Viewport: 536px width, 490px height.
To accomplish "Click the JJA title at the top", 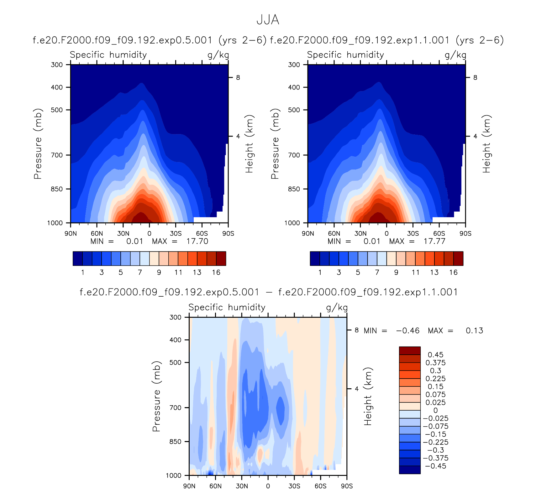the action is point(268,20).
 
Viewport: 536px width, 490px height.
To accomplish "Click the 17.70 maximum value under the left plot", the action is point(197,241).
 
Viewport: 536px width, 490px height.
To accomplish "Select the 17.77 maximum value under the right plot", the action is point(434,241).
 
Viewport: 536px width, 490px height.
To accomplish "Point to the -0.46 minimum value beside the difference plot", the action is point(408,331).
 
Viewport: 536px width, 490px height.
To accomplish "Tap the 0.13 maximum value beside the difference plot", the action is point(474,331).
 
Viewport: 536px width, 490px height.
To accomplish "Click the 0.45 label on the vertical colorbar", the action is point(435,355).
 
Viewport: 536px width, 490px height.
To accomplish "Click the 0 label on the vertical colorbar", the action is point(435,410).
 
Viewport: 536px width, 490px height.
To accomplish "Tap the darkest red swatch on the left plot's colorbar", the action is point(221,258).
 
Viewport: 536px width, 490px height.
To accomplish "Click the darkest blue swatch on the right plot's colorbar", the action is point(315,258).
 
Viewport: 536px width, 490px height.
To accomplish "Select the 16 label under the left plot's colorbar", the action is point(216,272).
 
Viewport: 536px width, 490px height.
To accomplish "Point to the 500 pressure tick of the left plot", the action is point(57,110).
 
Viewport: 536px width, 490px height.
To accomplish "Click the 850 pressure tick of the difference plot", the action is point(175,441).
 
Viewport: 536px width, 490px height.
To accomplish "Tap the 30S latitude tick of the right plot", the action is point(413,234).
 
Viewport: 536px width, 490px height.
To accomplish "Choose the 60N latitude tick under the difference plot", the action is point(215,486).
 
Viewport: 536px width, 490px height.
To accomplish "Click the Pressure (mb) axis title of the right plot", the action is point(275,144).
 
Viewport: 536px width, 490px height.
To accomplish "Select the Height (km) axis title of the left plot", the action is point(249,144).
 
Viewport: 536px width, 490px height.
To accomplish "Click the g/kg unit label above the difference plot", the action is point(337,308).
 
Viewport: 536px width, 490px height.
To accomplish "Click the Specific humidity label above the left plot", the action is point(108,55).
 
